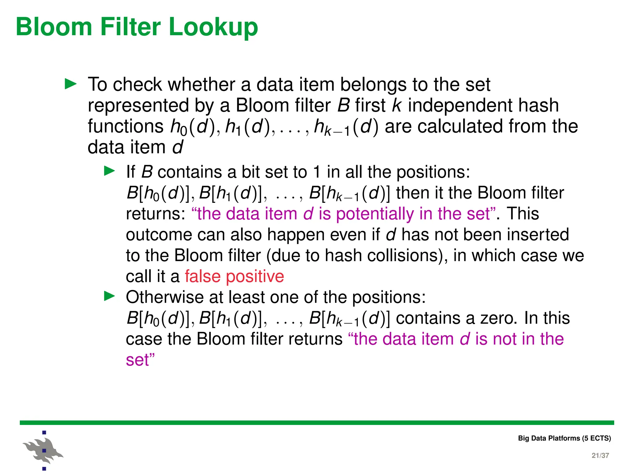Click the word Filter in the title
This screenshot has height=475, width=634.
[x=130, y=27]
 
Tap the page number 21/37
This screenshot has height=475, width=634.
[x=600, y=455]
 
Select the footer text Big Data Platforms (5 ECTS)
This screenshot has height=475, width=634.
[x=564, y=438]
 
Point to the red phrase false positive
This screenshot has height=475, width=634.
[x=234, y=276]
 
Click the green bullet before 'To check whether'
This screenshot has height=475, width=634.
[x=71, y=84]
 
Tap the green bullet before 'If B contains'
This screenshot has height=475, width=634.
[x=109, y=171]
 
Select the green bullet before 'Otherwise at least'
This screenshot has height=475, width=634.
[x=109, y=296]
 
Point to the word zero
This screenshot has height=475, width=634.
[x=499, y=318]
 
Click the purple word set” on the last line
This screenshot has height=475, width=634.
[x=140, y=360]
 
